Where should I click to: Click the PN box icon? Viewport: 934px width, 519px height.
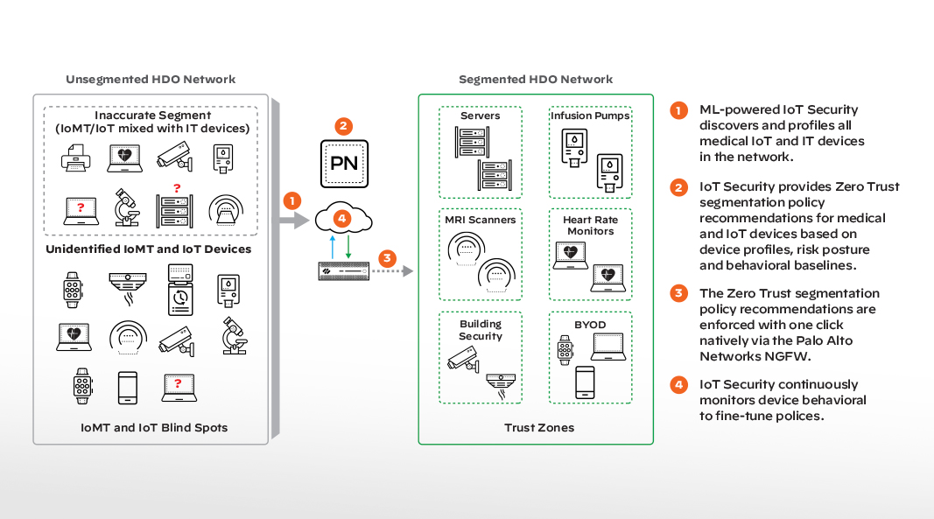click(x=344, y=162)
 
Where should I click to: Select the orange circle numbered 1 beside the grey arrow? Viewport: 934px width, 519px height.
click(x=293, y=200)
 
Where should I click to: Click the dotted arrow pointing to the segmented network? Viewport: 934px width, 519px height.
click(x=393, y=272)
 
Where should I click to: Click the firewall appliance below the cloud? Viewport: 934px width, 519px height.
click(x=343, y=272)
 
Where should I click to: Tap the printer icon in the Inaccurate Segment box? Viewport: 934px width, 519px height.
click(x=75, y=158)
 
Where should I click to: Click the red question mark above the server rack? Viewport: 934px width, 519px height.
click(x=177, y=187)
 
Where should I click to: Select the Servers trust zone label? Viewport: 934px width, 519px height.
click(x=481, y=116)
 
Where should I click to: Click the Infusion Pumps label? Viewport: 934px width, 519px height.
click(x=590, y=116)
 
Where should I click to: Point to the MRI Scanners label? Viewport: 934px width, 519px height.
click(x=481, y=220)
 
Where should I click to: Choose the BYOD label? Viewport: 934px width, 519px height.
click(x=590, y=324)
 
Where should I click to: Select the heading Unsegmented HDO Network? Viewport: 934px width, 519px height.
click(x=151, y=80)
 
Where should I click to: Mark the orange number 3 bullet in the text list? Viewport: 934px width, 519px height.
click(x=678, y=293)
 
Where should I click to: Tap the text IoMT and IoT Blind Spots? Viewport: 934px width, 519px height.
click(x=154, y=428)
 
